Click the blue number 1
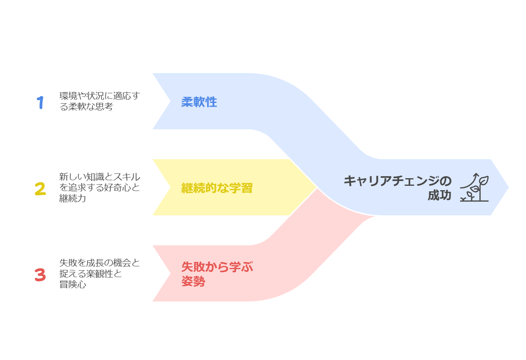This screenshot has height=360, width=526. tap(40, 102)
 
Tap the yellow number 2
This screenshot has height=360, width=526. tap(40, 189)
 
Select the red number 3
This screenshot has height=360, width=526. tap(40, 275)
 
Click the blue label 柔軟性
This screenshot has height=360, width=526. tap(199, 102)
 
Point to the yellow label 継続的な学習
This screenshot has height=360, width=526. tap(217, 188)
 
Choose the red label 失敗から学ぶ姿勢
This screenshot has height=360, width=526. tap(217, 274)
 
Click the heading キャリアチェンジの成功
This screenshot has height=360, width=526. tap(398, 188)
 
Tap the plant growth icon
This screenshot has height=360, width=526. tap(474, 187)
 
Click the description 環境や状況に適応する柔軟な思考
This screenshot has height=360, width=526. tap(100, 101)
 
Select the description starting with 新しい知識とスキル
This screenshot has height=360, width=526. tap(100, 187)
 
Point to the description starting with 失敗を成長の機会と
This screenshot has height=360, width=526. tap(100, 273)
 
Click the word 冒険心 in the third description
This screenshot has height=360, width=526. tap(73, 284)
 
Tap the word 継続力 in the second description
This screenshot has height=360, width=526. tap(73, 198)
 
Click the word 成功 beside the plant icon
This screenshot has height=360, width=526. tap(439, 195)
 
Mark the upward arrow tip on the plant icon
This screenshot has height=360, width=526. tap(476, 174)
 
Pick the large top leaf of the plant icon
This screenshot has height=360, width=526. tap(484, 181)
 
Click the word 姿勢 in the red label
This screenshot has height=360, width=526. tap(193, 281)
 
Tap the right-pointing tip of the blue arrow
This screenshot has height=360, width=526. tap(508, 187)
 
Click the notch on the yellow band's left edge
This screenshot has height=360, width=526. tap(170, 187)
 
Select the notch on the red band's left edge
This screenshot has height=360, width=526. tap(170, 273)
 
